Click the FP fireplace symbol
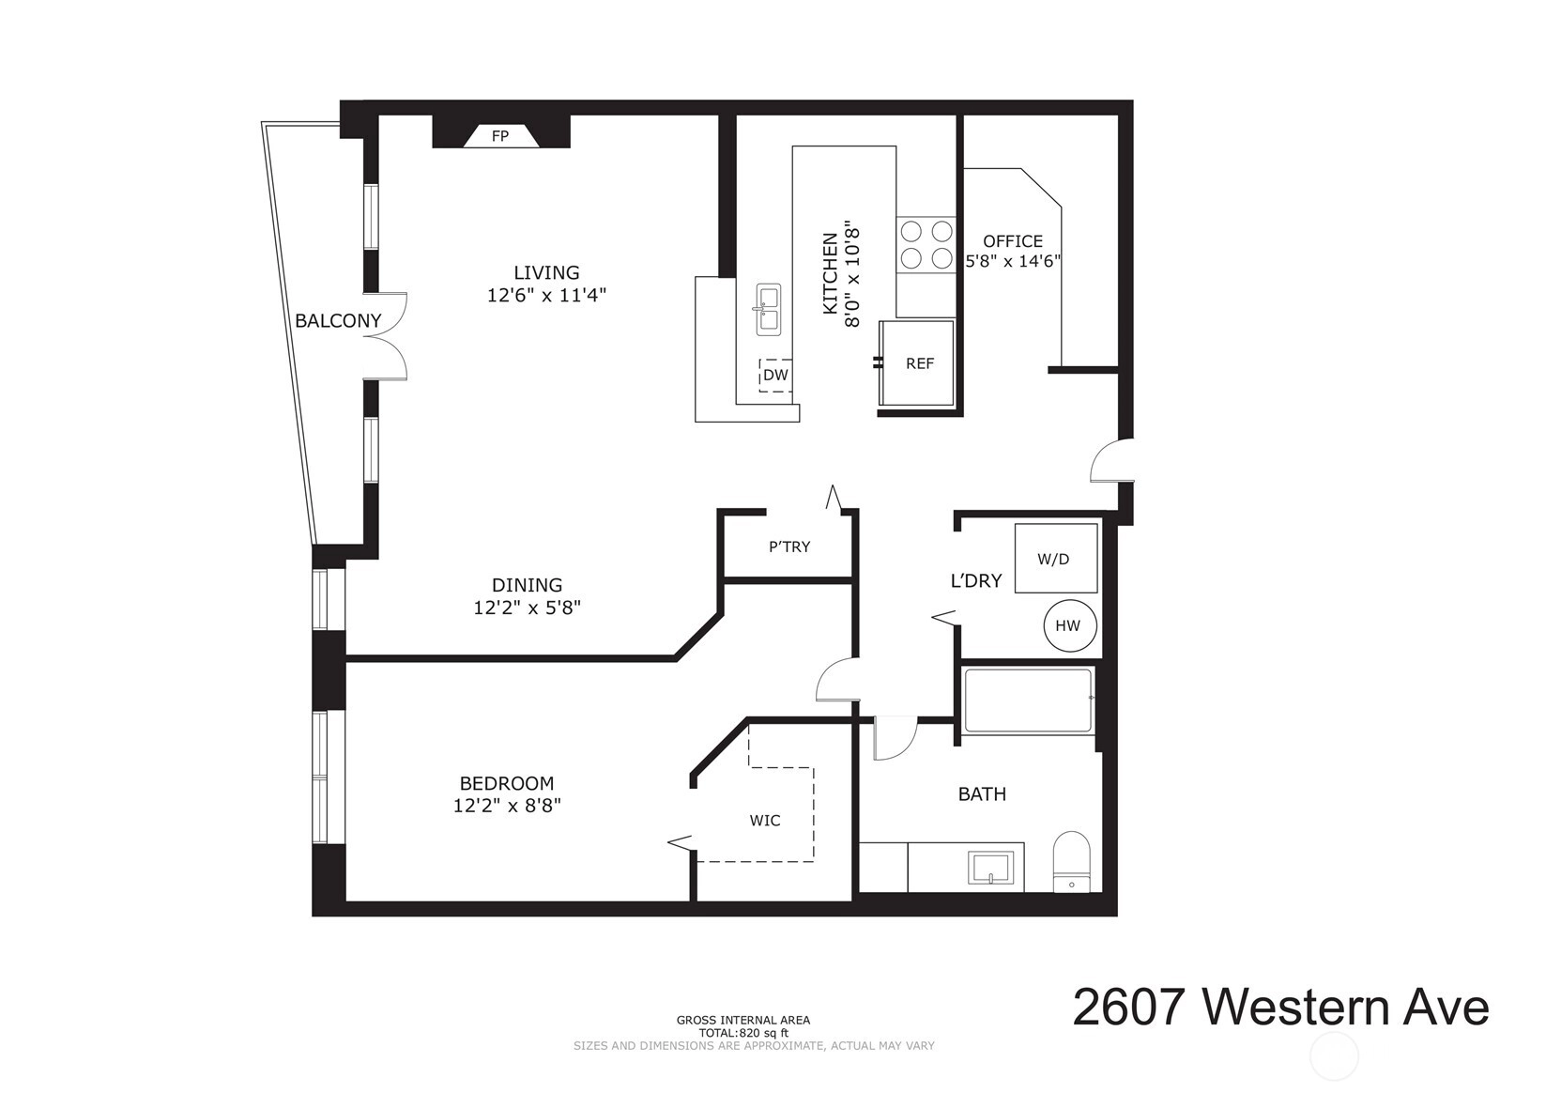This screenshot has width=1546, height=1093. point(501,136)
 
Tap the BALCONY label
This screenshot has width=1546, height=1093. point(338,321)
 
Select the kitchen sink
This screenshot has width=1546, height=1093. point(768,309)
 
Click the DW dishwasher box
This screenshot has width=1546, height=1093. point(775,375)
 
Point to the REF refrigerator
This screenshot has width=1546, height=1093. point(917,363)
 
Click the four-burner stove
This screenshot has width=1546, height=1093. point(926,244)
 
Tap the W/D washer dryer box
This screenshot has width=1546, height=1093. point(1055,558)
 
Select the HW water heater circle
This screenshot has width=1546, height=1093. point(1070,625)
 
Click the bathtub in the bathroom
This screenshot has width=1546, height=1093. point(1029,700)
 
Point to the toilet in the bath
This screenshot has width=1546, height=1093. point(1071,862)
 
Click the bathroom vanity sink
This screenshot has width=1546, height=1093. point(990,868)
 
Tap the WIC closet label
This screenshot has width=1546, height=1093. point(765,821)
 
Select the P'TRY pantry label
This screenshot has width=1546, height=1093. point(789,546)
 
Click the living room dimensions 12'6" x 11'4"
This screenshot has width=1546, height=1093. point(546,296)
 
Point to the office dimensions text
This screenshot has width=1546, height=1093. point(1013,262)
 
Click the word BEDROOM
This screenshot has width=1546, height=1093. point(507,784)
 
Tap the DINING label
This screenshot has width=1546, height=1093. point(528,586)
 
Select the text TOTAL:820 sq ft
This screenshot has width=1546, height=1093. point(743,1034)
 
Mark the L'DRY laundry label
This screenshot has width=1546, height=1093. point(976,580)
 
